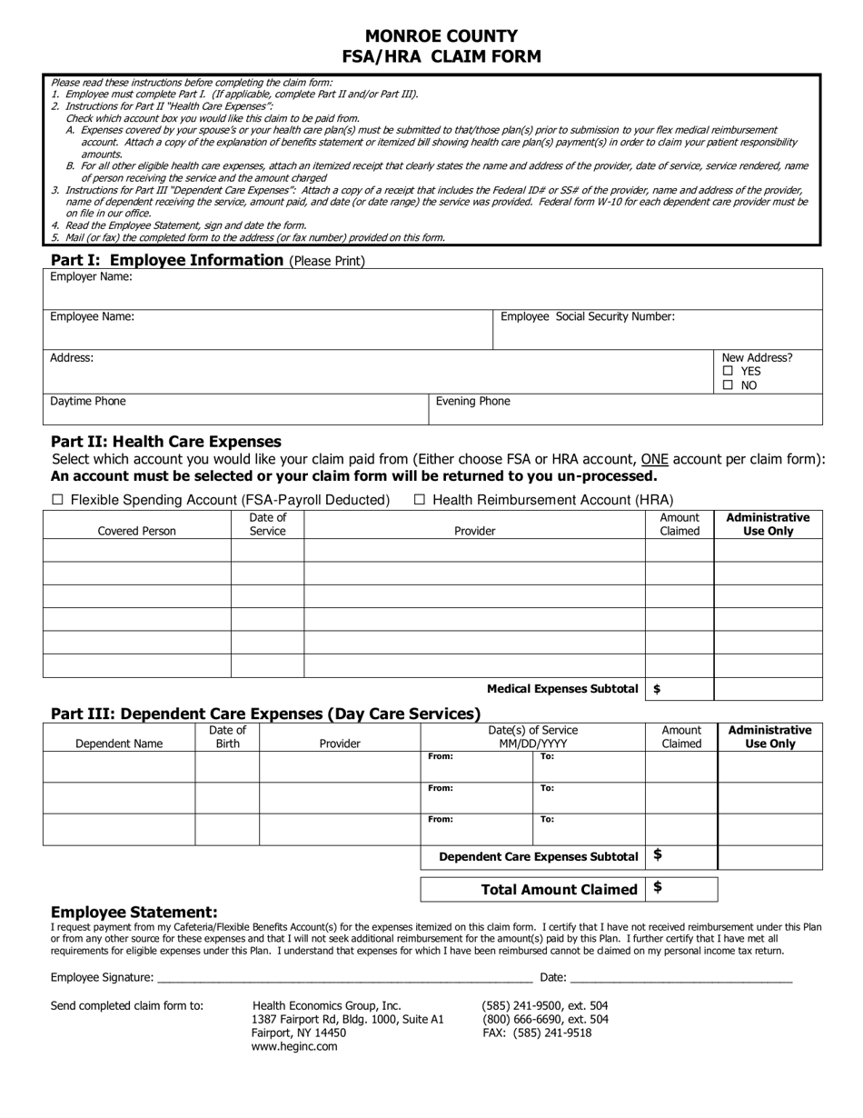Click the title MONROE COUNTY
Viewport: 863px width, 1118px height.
[x=441, y=36]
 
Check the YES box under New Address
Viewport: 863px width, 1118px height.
[x=728, y=372]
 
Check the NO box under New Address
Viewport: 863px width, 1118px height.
[x=728, y=385]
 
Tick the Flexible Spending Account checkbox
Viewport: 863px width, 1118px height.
[x=58, y=500]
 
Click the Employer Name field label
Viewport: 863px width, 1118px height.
[x=91, y=277]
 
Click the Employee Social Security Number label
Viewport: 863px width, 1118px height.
[x=588, y=317]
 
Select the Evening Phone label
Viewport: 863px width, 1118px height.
[x=472, y=402]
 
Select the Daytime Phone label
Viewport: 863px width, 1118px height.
[x=88, y=402]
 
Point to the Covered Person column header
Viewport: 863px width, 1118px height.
[x=137, y=532]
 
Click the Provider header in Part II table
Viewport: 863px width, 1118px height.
[x=474, y=532]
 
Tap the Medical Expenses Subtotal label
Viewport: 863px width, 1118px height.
[x=562, y=689]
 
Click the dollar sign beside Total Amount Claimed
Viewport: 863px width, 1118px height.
[x=658, y=888]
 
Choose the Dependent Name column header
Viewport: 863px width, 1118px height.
[x=119, y=744]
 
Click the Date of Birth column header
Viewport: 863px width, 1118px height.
[x=227, y=737]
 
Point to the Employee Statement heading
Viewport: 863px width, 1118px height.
[x=134, y=913]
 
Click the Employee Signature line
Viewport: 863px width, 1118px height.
[x=345, y=977]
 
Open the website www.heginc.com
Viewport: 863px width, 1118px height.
[x=294, y=1047]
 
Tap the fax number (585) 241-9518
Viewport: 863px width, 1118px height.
[x=536, y=1033]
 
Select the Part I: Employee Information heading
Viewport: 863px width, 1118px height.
[x=167, y=261]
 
